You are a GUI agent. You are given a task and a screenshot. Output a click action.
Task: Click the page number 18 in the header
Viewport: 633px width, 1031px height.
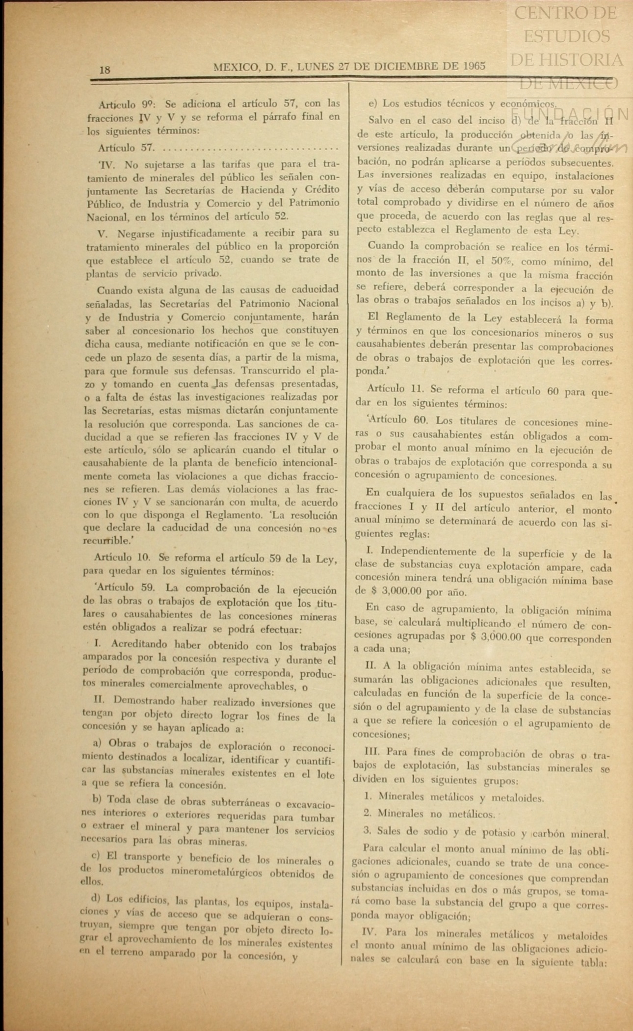point(105,70)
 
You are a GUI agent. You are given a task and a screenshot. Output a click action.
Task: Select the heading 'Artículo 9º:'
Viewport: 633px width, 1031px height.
point(127,104)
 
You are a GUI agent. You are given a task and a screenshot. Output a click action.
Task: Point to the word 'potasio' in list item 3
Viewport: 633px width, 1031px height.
point(499,832)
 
